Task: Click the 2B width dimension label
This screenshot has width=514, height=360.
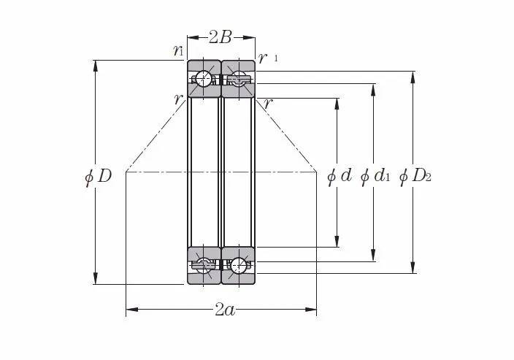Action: tap(220, 37)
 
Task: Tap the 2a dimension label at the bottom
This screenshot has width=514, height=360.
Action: tap(225, 309)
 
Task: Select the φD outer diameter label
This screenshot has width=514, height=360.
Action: tap(98, 177)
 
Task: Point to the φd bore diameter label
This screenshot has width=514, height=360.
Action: tap(340, 177)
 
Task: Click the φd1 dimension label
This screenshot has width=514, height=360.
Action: tap(375, 177)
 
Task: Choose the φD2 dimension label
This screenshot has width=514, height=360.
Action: tap(415, 177)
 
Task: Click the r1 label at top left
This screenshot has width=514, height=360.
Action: tap(178, 50)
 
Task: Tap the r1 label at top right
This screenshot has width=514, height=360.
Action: tap(268, 58)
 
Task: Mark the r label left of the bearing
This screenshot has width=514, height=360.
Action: tap(178, 99)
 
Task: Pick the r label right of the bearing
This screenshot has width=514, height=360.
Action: tap(268, 104)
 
